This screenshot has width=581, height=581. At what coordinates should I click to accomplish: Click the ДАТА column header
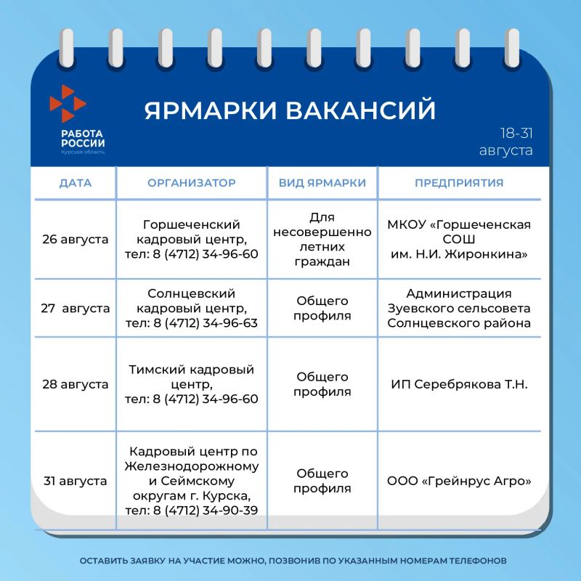pos(76,183)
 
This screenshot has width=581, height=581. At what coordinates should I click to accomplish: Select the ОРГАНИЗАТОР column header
pos(192,183)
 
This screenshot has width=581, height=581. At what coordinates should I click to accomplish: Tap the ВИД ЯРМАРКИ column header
pos(322,183)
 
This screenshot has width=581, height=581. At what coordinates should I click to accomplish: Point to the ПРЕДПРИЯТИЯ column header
pos(459,183)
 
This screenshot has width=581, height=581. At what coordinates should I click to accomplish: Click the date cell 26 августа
pos(76,240)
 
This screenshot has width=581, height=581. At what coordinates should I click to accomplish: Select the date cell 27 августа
pos(76,308)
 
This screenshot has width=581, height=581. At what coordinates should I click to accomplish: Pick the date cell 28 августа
pos(76,384)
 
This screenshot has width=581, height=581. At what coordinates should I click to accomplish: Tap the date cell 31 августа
pos(76,481)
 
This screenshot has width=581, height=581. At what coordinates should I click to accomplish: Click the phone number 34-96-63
pos(230,323)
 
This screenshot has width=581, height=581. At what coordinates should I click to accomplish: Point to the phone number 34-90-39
pos(230,511)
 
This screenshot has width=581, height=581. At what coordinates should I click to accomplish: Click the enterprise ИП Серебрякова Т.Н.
pos(459,384)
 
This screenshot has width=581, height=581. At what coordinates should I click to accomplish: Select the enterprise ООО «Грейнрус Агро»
pos(459,481)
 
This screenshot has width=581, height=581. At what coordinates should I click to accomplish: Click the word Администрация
pos(459,293)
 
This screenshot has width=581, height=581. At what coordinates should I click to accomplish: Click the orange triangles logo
pos(68,103)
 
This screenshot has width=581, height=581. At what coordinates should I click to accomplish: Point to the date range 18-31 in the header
pos(516,134)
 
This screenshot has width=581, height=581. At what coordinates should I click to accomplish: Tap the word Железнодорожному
pos(192,466)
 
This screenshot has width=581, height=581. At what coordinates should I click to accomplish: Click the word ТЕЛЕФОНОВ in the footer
pos(478,561)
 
